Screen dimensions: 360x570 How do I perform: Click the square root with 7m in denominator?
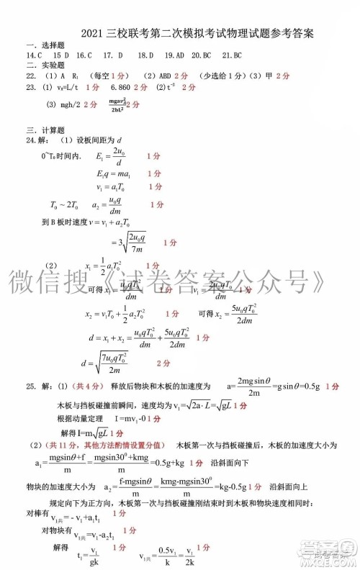128,243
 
